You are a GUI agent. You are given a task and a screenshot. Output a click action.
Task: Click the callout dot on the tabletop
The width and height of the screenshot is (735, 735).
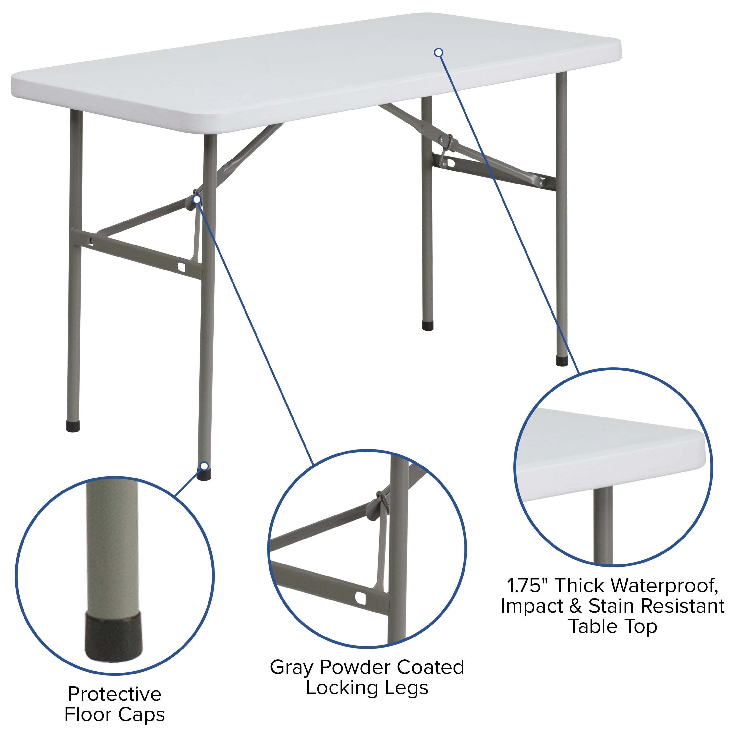[439, 52]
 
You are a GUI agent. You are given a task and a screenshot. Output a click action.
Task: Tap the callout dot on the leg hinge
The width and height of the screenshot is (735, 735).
[197, 199]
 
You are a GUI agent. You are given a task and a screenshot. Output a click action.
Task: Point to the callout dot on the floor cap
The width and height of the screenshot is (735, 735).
[204, 466]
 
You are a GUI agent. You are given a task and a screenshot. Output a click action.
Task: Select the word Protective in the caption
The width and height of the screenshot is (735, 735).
[114, 694]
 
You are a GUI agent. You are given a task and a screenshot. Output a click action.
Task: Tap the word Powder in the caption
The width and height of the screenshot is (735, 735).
[356, 667]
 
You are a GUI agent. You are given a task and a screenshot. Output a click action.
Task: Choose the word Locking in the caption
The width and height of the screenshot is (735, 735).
[341, 688]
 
